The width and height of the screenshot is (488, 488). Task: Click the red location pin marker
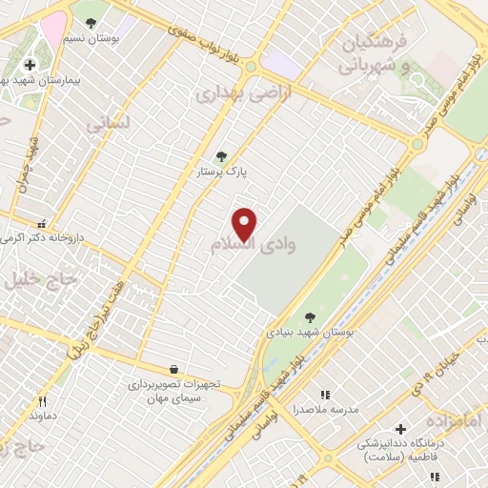tap(246, 224)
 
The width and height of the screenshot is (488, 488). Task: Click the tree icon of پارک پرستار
tap(222, 157)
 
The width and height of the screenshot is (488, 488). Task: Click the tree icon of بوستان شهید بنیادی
tap(310, 316)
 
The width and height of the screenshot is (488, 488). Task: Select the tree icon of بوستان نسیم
tap(91, 21)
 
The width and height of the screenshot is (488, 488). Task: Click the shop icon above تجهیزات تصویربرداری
tap(173, 369)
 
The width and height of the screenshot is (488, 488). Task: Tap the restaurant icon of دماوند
tap(41, 401)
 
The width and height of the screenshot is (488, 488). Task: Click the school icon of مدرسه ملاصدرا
tap(325, 394)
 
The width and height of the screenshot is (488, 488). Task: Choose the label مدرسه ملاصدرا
tap(324, 408)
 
